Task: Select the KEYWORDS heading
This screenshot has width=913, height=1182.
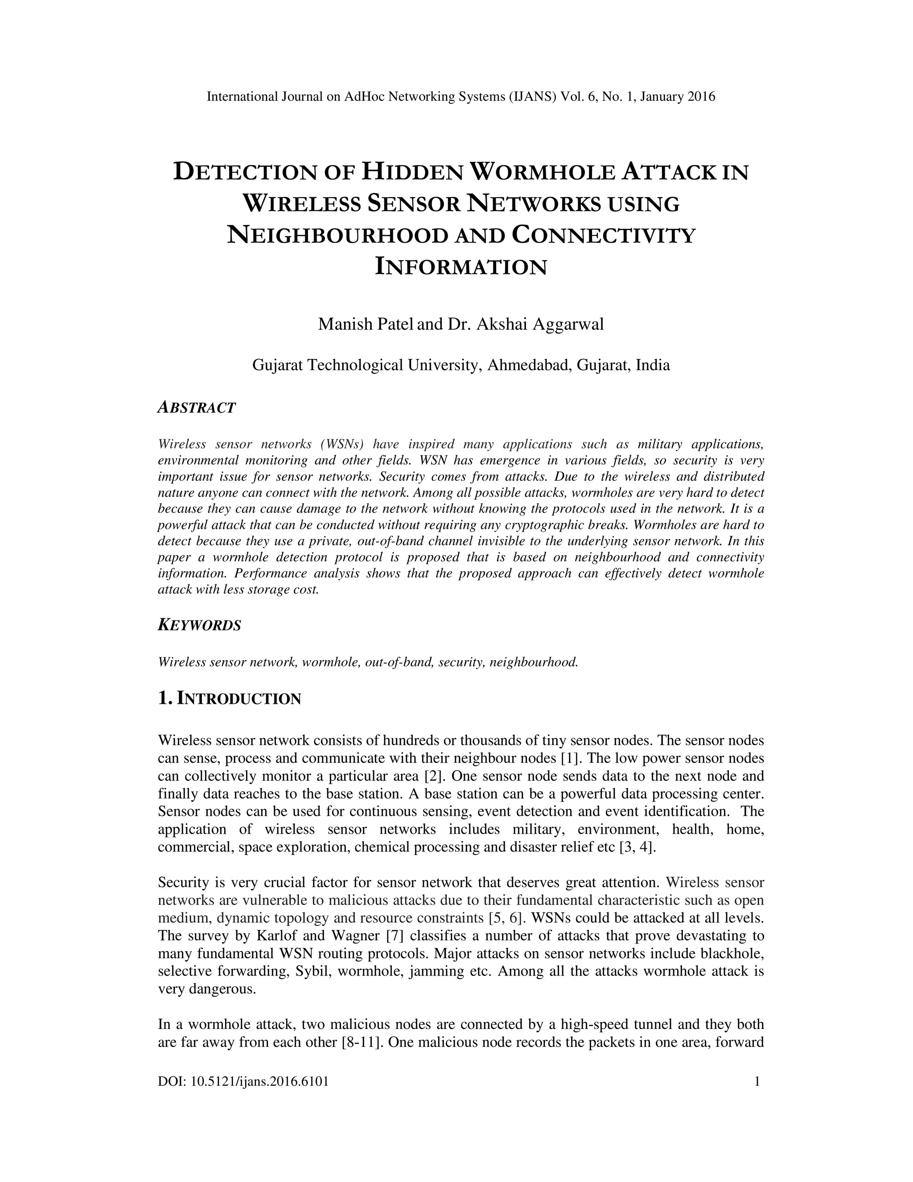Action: click(x=199, y=626)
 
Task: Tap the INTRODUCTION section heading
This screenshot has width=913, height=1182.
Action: click(x=239, y=698)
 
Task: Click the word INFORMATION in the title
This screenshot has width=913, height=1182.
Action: click(x=461, y=267)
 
